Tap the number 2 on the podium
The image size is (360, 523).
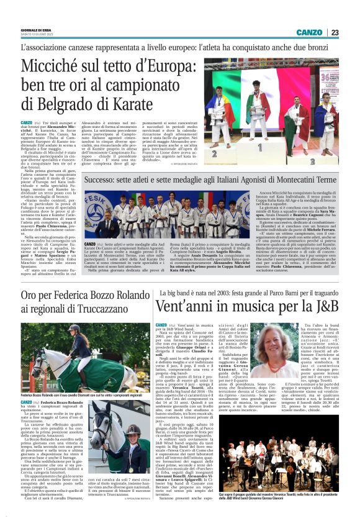pyautogui.click(x=214, y=152)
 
